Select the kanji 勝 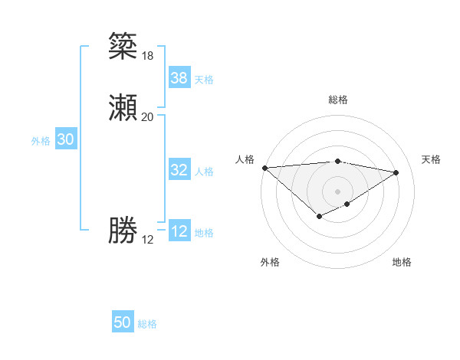pos(123,231)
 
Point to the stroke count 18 pos(147,55)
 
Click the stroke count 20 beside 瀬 pos(147,117)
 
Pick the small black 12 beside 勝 pos(147,240)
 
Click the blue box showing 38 pos(179,78)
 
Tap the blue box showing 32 pos(179,170)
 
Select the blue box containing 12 pos(179,231)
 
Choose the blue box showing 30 pos(65,139)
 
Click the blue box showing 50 pos(122,323)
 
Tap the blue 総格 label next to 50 pos(147,324)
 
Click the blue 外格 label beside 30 pos(41,141)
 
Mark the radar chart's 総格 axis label pos(337,100)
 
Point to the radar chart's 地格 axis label pos(402,262)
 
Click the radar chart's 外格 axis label pos(270,262)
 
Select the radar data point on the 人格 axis pos(264,168)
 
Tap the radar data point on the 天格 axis pos(396,172)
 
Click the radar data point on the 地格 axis pos(347,204)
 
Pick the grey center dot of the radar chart pos(337,191)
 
